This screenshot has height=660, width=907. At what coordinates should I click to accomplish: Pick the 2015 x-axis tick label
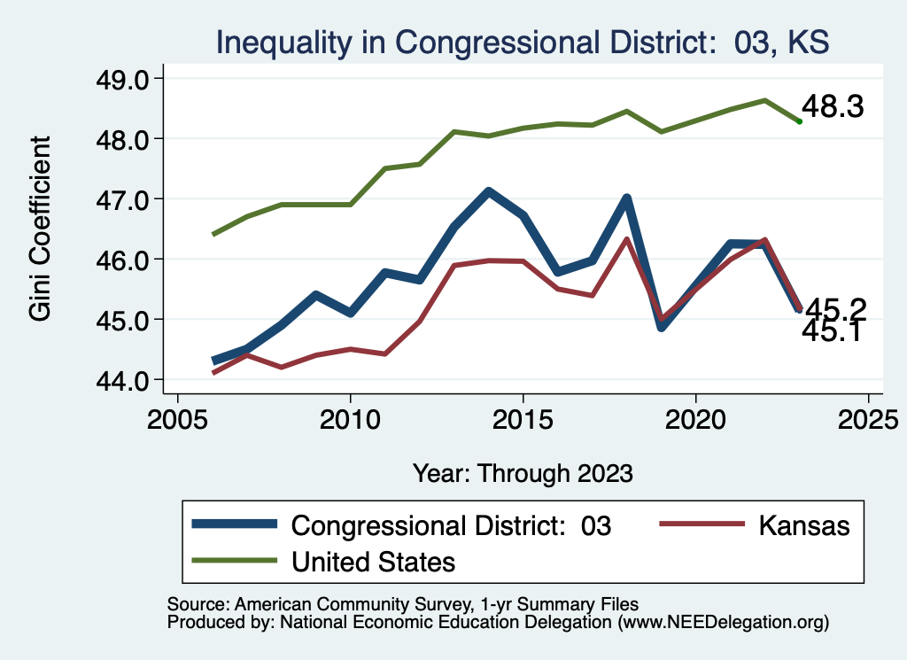[523, 419]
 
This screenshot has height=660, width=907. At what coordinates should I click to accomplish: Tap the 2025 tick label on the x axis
[868, 419]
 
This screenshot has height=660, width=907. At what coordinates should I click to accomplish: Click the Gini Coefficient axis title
[41, 229]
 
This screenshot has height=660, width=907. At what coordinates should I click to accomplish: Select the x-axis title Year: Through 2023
[523, 472]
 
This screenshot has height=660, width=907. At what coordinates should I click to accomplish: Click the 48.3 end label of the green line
[832, 108]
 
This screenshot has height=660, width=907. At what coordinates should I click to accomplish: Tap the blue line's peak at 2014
[488, 191]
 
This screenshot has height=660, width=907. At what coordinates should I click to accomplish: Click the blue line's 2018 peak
[626, 198]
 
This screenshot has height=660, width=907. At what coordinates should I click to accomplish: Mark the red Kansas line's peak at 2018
[626, 239]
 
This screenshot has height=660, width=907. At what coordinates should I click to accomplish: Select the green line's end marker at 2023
[799, 121]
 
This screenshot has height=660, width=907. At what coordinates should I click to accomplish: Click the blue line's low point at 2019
[661, 327]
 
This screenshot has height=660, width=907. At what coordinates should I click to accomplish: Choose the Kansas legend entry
[803, 525]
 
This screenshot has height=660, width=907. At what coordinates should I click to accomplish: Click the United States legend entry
[373, 561]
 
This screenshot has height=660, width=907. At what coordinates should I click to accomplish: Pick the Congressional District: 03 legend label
[451, 525]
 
